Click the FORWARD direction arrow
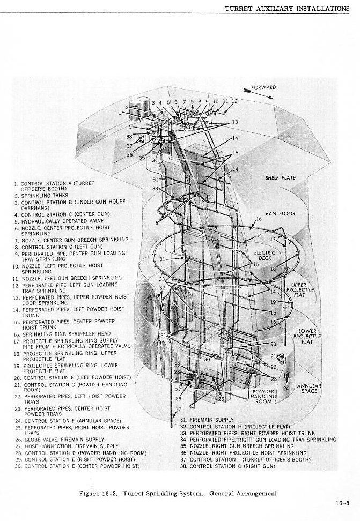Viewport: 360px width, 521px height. [259, 93]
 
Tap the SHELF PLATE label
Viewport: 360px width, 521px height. [280, 178]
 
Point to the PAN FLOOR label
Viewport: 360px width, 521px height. [280, 213]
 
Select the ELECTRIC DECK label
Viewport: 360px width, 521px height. [265, 255]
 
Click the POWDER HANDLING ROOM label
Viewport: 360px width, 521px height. [263, 397]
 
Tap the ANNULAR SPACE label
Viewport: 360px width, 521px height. [309, 389]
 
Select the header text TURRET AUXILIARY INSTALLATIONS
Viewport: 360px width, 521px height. [287, 9]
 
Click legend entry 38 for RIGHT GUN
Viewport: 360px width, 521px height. [227, 466]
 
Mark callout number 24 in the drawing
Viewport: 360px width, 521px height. [286, 388]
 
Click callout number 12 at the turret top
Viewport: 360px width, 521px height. [234, 101]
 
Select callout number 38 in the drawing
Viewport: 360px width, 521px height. [129, 136]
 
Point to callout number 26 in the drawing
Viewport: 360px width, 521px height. [178, 399]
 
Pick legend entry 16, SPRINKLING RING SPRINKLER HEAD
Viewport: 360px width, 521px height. [62, 333]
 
